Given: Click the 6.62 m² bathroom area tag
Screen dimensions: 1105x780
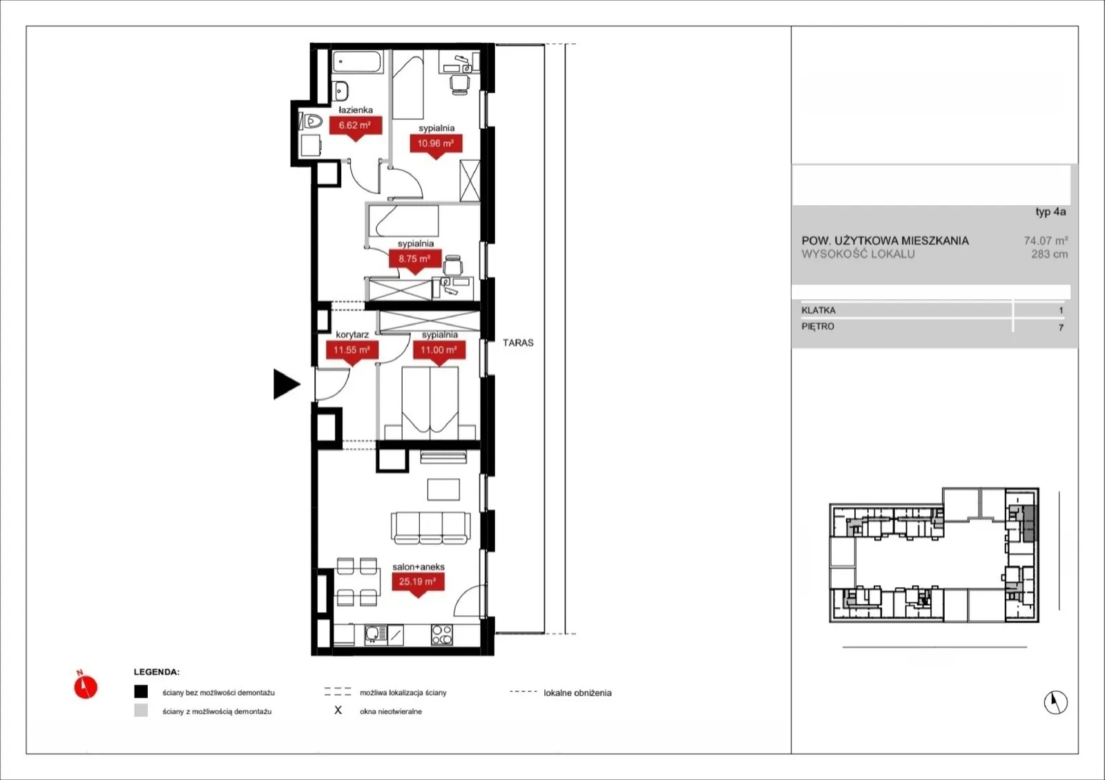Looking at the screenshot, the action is coord(355,126).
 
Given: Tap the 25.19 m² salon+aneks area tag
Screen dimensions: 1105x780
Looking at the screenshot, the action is coord(418,582).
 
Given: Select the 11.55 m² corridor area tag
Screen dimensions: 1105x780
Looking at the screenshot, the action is coord(352,350).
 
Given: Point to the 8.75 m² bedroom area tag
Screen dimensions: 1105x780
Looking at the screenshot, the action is coord(414,259).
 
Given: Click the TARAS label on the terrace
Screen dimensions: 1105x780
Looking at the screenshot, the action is coord(518,343).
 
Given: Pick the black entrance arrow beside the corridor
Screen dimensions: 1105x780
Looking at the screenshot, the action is coord(286,384).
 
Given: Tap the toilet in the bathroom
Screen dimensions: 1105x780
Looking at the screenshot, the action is coord(310,121).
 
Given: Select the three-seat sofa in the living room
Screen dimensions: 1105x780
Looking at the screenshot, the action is coord(431,528).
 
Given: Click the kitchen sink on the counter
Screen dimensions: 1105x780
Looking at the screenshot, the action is coord(376,634).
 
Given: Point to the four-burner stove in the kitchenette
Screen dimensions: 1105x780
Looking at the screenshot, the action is coord(441,634).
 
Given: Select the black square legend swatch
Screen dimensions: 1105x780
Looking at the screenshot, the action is coord(141,692).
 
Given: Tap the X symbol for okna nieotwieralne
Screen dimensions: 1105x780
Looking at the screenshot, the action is coord(338,710).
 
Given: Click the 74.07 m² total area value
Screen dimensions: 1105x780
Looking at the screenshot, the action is coord(1046,240).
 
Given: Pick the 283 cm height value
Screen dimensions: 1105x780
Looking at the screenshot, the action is coord(1049,254).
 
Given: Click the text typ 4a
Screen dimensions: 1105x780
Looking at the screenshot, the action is coord(1050,211).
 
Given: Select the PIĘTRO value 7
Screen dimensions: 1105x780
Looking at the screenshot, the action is coord(1061,327).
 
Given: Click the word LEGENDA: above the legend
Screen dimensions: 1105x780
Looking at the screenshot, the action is coord(157,672).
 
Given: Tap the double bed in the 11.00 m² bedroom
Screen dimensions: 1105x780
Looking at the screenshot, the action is coord(430,403).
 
